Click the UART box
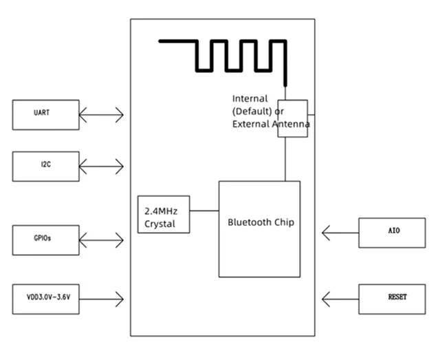[46, 115]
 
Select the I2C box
[46, 167]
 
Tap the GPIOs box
[46, 240]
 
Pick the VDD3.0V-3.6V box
[46, 299]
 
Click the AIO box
[392, 233]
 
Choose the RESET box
[392, 299]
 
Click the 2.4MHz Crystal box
[164, 214]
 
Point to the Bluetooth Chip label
[261, 222]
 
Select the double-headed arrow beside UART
[101, 115]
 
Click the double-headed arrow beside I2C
[101, 167]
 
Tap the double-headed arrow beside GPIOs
[101, 240]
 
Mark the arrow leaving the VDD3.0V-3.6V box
[101, 299]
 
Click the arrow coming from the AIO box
[340, 233]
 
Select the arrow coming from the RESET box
[340, 299]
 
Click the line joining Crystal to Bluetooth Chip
[204, 211]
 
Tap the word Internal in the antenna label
[250, 98]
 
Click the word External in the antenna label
[250, 124]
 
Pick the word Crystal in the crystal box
[160, 224]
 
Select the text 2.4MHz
[161, 211]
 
